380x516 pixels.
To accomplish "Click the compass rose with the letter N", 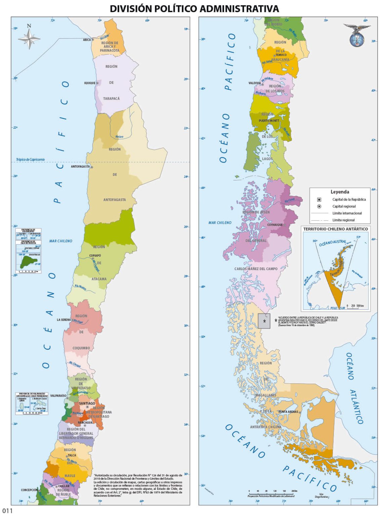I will coord(29,38).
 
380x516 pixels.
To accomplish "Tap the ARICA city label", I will coord(87,40).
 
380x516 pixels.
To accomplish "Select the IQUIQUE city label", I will coord(90,83).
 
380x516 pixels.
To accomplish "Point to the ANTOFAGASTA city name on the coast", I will coord(80,167).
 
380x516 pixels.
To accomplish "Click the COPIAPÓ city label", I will coord(95,256).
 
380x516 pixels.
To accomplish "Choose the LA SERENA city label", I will coord(64,320).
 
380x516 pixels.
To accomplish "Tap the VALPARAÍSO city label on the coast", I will coord(58,396).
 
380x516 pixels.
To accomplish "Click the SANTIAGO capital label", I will coord(87,403).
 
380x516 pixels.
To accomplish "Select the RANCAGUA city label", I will coord(85,423).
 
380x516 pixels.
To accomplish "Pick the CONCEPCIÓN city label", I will coord(29,490).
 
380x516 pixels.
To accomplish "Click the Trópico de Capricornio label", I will coord(30,160).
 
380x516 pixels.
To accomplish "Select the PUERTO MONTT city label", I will coord(269,121).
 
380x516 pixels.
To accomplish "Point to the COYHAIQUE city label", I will coord(275,225).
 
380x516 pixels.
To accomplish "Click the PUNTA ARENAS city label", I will coord(288,412).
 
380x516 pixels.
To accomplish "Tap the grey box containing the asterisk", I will coord(264,321).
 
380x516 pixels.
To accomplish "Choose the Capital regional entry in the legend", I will coord(344,206).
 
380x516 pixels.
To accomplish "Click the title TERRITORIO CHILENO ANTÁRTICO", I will coord(335,229).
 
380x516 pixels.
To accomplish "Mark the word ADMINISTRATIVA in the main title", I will coord(239,8).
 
